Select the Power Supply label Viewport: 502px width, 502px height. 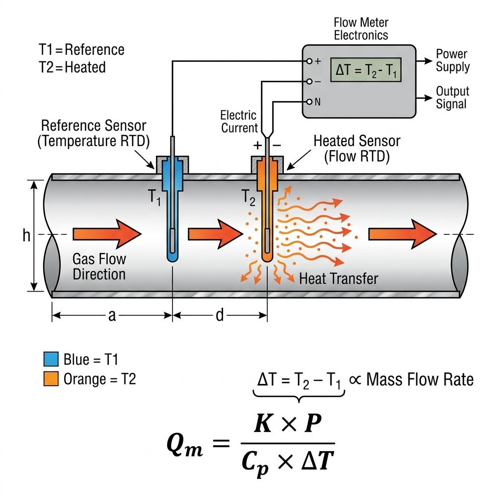452,60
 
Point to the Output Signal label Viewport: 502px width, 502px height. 452,98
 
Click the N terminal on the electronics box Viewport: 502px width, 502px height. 309,102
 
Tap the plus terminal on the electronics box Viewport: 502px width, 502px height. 309,61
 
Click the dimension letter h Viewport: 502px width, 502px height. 26,236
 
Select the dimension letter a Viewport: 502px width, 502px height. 112,316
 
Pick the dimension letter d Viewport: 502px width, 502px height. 219,316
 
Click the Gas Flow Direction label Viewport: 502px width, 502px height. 99,266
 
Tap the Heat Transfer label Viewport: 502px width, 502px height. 338,279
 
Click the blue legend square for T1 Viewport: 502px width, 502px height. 51,359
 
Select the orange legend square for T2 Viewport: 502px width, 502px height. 51,379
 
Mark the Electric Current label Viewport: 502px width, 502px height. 239,122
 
